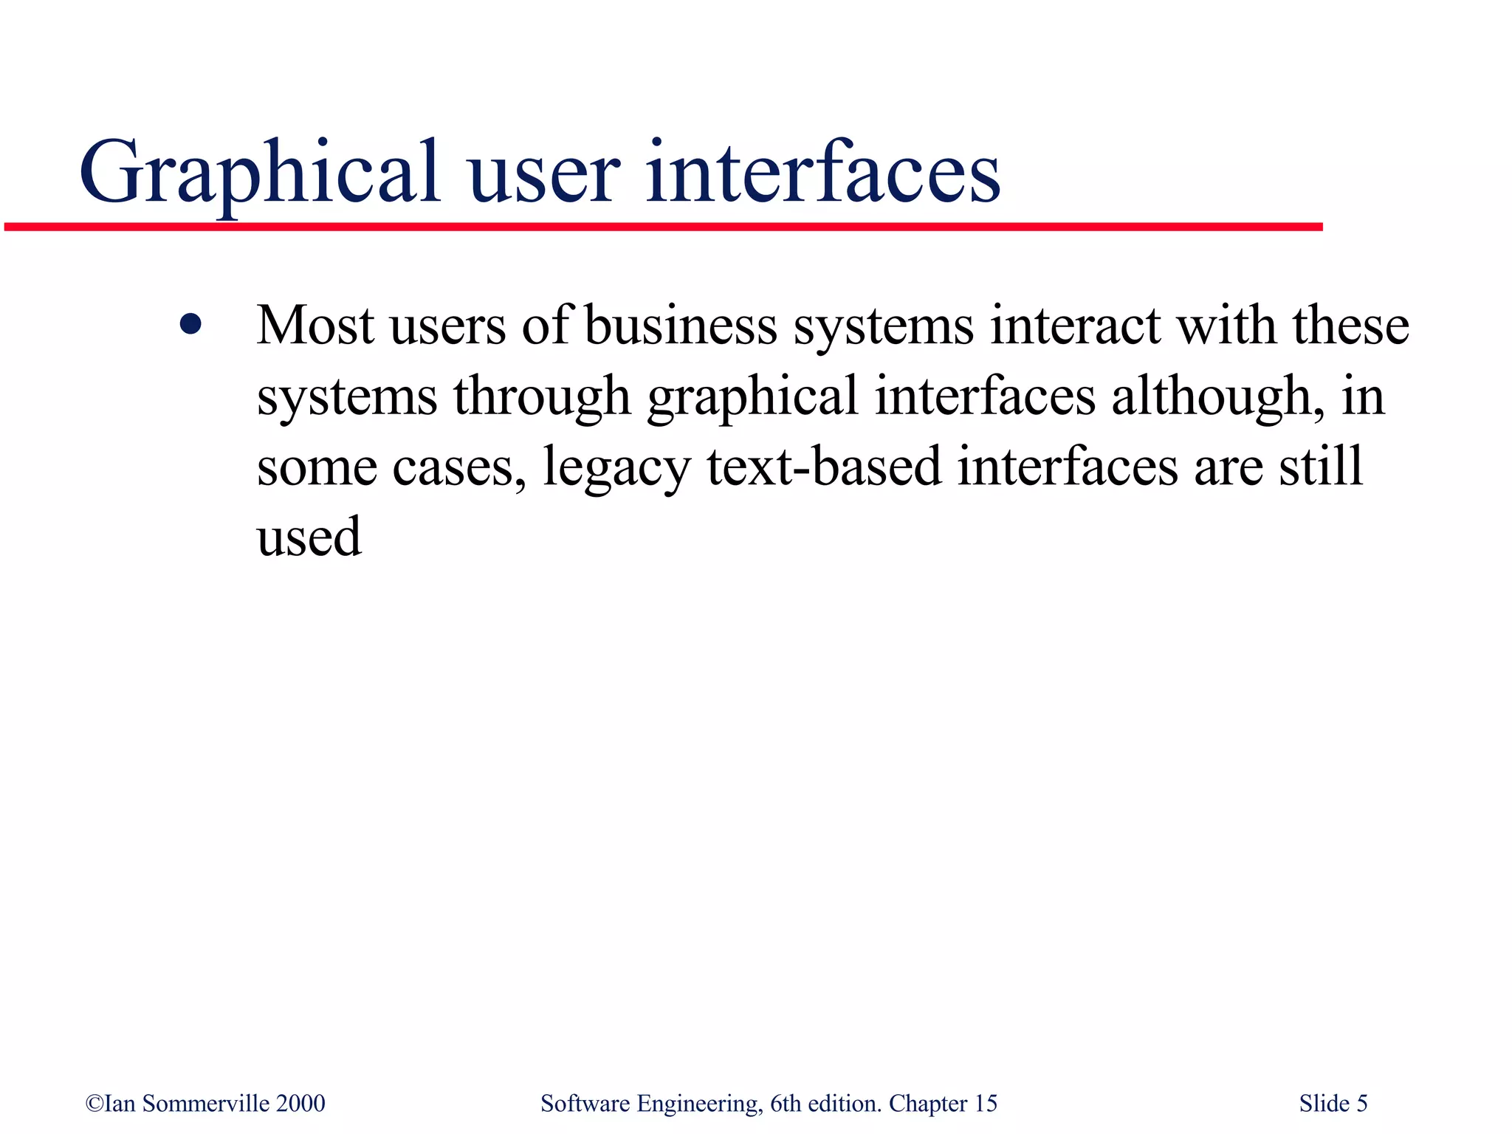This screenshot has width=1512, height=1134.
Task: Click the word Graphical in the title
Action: pyautogui.click(x=260, y=174)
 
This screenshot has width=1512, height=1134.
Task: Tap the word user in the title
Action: pyautogui.click(x=543, y=174)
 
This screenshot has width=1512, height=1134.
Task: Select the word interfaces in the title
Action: pyautogui.click(x=823, y=174)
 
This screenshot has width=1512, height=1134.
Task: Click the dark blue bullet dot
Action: pyautogui.click(x=190, y=324)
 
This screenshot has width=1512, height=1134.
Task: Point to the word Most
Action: pyautogui.click(x=315, y=326)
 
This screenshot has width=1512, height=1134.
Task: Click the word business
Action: pyautogui.click(x=681, y=326)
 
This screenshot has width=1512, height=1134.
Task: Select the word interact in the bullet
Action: pyautogui.click(x=1075, y=326)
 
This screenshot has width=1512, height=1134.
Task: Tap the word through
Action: pyautogui.click(x=542, y=396)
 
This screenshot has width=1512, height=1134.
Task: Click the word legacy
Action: pyautogui.click(x=616, y=467)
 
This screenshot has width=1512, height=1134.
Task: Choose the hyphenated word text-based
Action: pyautogui.click(x=824, y=466)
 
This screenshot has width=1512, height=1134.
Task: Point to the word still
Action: pyautogui.click(x=1321, y=466)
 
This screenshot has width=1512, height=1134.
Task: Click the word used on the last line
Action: pyautogui.click(x=309, y=537)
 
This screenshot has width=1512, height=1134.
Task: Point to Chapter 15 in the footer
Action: pyautogui.click(x=943, y=1103)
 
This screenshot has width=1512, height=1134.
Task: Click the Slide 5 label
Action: pyautogui.click(x=1333, y=1103)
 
